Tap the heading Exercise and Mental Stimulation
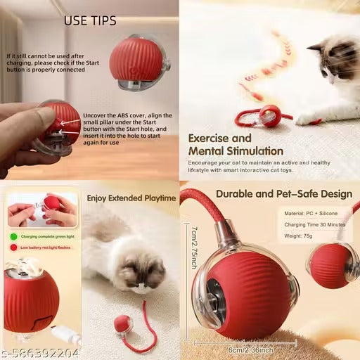[235, 144]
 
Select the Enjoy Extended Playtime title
[131, 198]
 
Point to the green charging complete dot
[13, 236]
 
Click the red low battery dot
[13, 247]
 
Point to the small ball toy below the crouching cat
[121, 325]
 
